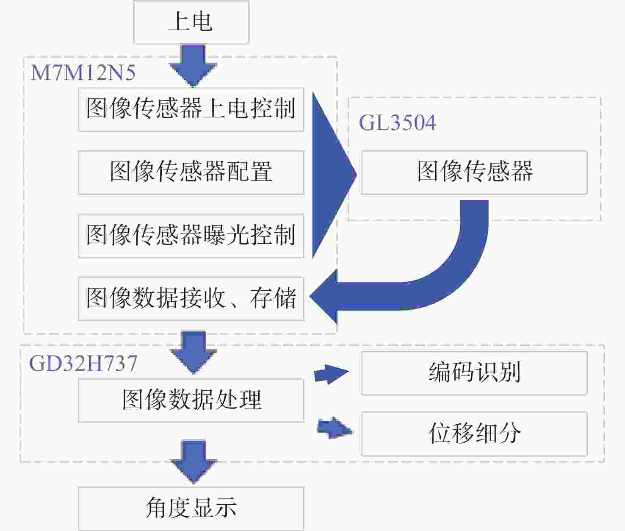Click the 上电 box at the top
[191, 22]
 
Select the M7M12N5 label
[83, 73]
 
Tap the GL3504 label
[397, 122]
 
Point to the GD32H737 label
[83, 363]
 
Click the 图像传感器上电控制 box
[191, 109]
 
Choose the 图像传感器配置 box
[191, 172]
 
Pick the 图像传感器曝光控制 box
[191, 236]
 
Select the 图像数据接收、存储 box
[191, 299]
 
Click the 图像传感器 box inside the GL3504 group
[474, 172]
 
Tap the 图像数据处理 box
[191, 400]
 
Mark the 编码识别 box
[474, 373]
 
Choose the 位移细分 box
[474, 434]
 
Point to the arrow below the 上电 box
[193, 66]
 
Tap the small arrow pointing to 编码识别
[331, 374]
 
